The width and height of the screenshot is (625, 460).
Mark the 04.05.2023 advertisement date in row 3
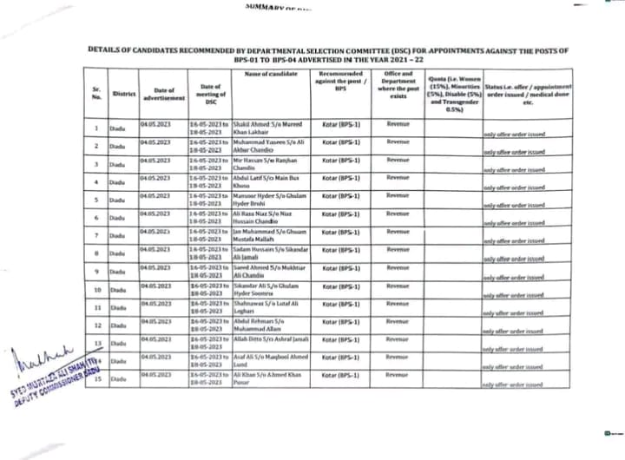point(157,160)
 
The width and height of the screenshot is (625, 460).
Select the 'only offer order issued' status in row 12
point(514,330)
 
